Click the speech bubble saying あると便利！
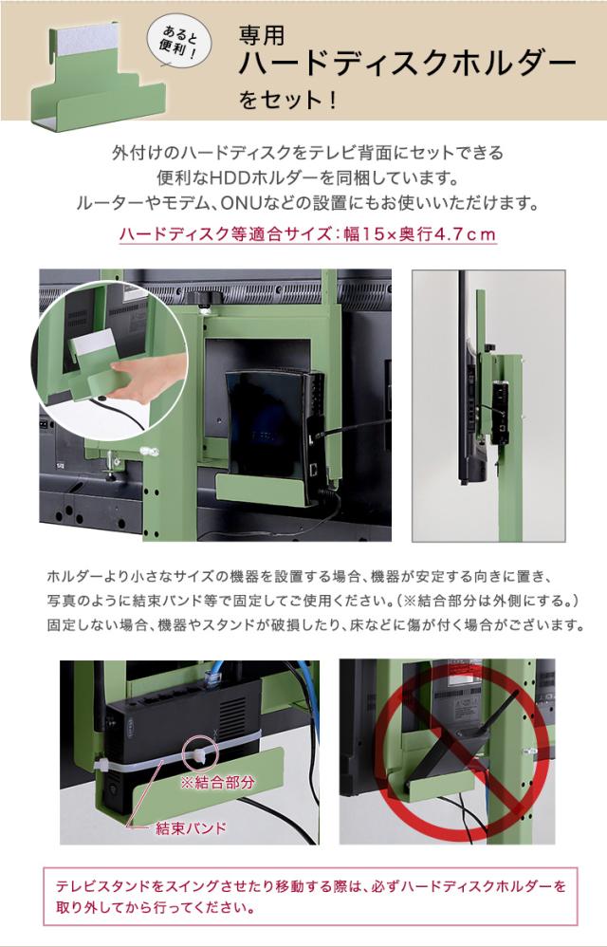pyautogui.click(x=179, y=43)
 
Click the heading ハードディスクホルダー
pyautogui.click(x=407, y=64)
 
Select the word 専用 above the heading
pyautogui.click(x=262, y=35)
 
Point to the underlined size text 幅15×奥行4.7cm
pyautogui.click(x=420, y=233)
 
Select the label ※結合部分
pyautogui.click(x=218, y=783)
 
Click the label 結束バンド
pyautogui.click(x=191, y=827)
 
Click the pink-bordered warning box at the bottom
pyautogui.click(x=310, y=897)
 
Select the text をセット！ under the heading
pyautogui.click(x=287, y=99)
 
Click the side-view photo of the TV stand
pyautogui.click(x=488, y=406)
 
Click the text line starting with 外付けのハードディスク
pyautogui.click(x=307, y=153)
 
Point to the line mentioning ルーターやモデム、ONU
pyautogui.click(x=307, y=203)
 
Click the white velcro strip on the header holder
pyautogui.click(x=90, y=38)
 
